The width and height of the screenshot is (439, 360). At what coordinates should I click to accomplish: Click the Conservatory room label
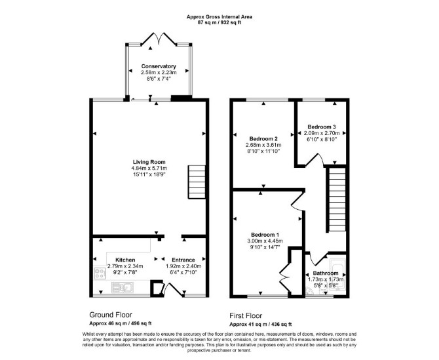pos(159,66)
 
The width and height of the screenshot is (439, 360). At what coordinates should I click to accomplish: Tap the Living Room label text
pos(149,162)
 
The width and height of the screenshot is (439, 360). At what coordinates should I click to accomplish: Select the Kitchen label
pos(125,260)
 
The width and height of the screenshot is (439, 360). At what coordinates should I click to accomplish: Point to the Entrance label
pos(183,260)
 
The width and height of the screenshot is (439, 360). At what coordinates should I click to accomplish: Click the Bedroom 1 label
pos(265,235)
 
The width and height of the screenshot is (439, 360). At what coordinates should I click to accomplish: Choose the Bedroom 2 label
pos(263,138)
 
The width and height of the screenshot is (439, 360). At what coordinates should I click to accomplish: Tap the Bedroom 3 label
pos(322,127)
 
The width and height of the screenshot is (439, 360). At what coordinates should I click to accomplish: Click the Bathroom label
pos(326,273)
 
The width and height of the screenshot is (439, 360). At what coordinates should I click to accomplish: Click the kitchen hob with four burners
pos(100,273)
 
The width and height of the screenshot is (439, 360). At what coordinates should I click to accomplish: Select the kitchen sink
pos(123,287)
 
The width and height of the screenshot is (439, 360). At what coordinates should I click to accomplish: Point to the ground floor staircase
pos(197,182)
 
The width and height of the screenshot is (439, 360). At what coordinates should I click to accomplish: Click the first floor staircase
pos(336,199)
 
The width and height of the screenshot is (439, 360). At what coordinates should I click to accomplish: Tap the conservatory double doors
pos(159,39)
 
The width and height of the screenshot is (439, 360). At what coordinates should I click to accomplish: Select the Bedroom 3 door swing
pos(315,160)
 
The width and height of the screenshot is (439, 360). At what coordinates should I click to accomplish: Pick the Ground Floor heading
pos(111,315)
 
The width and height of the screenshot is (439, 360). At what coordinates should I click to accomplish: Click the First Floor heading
pos(246,315)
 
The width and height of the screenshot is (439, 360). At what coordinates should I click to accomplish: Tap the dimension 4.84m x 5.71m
pos(149,168)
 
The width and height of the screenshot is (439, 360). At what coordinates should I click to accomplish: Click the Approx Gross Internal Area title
pos(220,17)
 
